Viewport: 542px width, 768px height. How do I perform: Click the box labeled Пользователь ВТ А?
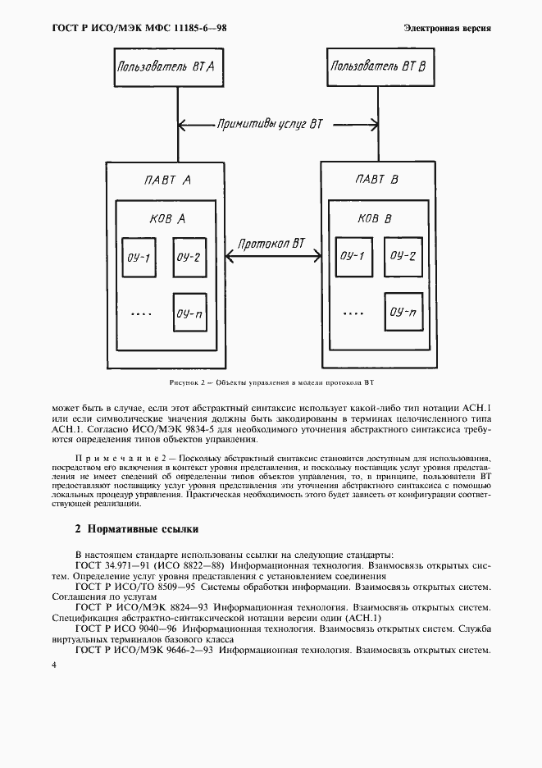pyautogui.click(x=166, y=67)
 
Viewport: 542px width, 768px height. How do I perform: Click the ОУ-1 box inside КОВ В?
pyautogui.click(x=353, y=257)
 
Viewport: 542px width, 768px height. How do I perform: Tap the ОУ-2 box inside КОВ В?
pyautogui.click(x=403, y=257)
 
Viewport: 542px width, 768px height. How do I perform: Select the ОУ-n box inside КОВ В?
pyautogui.click(x=403, y=312)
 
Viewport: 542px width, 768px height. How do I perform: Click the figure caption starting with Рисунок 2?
pyautogui.click(x=271, y=382)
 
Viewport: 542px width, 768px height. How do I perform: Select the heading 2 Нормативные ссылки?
pyautogui.click(x=136, y=529)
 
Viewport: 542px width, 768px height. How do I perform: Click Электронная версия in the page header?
pyautogui.click(x=447, y=29)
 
